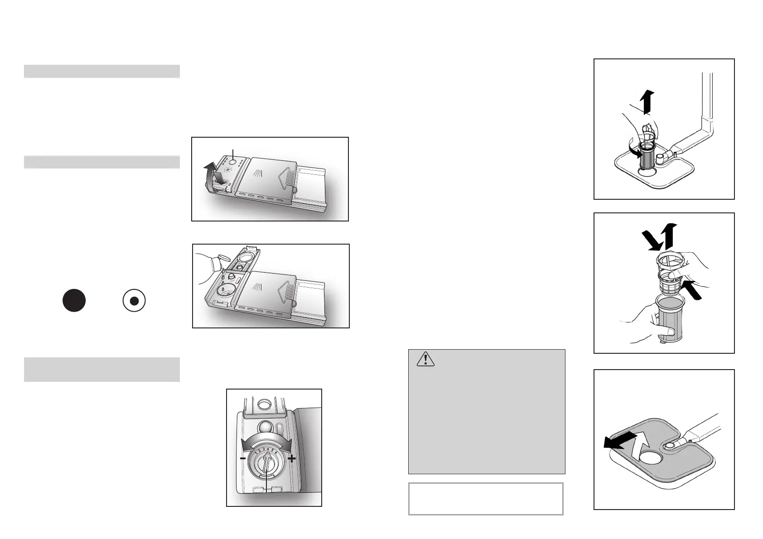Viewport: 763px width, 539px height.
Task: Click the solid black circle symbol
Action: (x=74, y=300)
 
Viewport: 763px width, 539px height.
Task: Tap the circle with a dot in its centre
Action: (x=134, y=301)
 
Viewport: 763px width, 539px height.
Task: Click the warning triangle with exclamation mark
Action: (x=425, y=359)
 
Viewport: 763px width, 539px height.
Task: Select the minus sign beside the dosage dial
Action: (x=243, y=458)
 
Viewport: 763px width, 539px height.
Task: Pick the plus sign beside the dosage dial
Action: (x=291, y=458)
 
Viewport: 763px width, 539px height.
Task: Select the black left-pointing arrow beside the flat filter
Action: (x=618, y=443)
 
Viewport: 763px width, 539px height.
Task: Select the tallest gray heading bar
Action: (x=102, y=370)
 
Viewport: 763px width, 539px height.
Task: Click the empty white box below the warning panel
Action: (x=486, y=499)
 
